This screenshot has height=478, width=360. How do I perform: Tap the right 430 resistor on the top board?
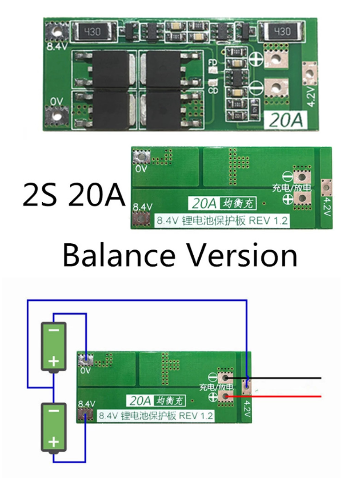coord(279,30)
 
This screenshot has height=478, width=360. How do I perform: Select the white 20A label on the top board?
coord(286,119)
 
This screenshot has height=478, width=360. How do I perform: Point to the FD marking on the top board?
coord(212,63)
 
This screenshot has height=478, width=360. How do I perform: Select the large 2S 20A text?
coord(73,196)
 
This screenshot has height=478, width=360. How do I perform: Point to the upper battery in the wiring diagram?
coord(54,347)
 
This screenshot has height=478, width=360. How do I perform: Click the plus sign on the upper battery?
coord(54,361)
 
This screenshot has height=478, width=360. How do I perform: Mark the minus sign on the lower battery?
coord(54,411)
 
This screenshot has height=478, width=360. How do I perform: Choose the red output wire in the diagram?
coord(286,396)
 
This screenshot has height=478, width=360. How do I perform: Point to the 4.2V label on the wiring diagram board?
coord(247,408)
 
